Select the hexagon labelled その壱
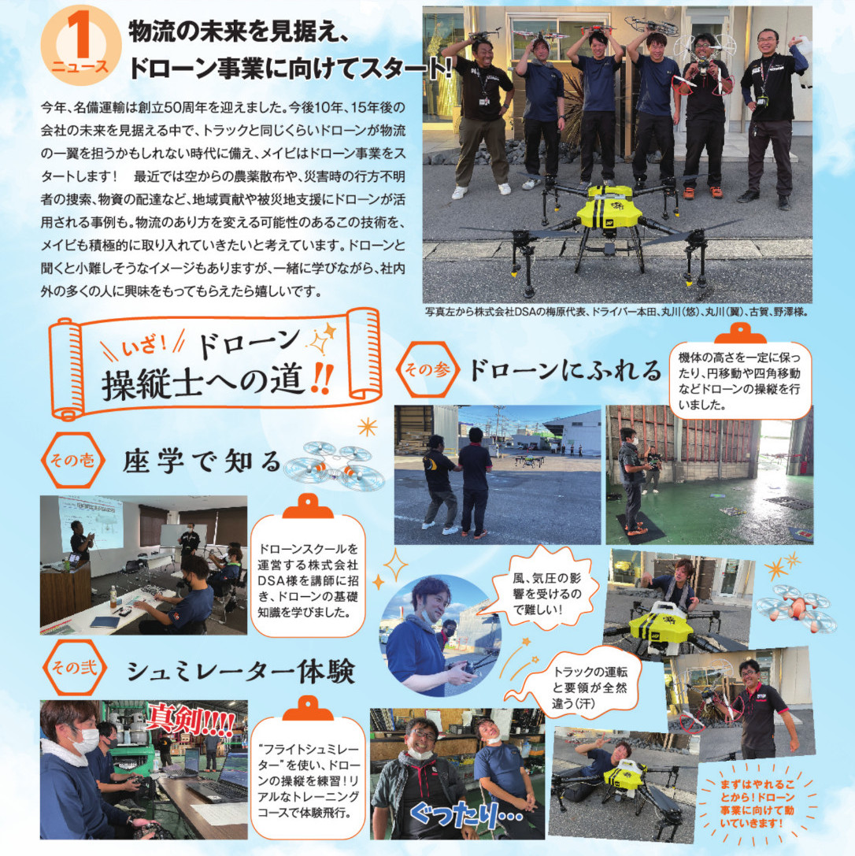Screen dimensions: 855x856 72,460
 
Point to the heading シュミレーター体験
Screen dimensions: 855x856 241,671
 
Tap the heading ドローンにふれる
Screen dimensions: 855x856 564,371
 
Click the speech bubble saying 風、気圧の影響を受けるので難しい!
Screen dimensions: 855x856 546,592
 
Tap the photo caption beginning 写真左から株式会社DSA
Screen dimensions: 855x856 616,312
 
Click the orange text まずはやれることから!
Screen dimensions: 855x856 757,803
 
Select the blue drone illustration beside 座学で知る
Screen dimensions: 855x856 333,465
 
